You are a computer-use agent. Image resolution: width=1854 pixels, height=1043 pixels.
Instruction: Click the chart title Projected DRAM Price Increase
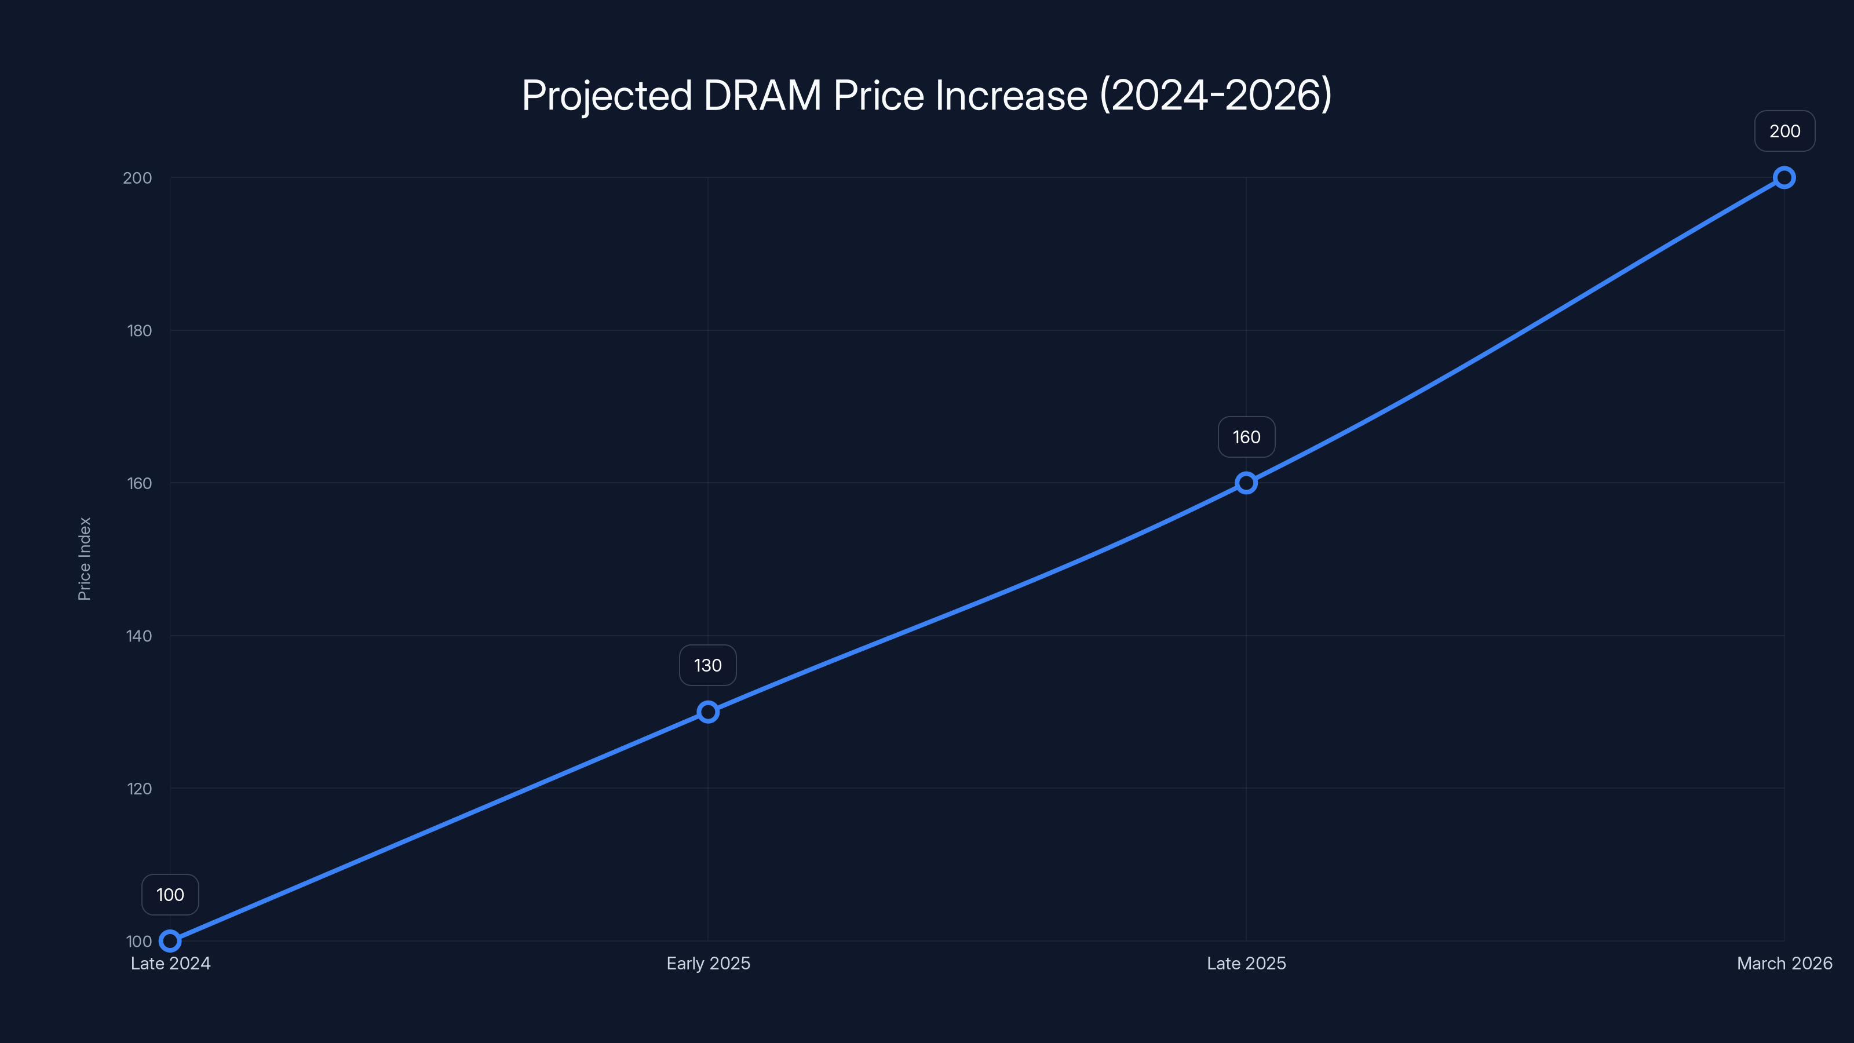[x=926, y=96]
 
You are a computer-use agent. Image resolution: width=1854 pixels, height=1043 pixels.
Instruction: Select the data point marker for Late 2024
[x=170, y=941]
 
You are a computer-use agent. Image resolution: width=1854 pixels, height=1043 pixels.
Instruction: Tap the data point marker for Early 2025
[x=708, y=712]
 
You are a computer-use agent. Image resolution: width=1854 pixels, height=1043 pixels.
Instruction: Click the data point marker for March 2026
[x=1784, y=178]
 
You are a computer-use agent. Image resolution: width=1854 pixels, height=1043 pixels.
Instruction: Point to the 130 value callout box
[x=707, y=665]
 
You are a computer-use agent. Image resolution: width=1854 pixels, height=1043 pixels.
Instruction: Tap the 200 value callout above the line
[x=1785, y=131]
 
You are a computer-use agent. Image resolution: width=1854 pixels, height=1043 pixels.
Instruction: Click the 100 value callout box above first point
[x=170, y=895]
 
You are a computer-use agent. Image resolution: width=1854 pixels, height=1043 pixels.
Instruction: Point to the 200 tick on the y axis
[x=137, y=178]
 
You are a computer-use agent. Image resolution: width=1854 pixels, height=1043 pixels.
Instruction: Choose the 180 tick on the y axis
[x=140, y=330]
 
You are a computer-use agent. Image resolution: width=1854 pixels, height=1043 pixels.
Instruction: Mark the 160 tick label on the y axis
[x=140, y=483]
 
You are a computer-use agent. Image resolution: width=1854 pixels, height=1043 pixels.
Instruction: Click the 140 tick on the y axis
[x=139, y=636]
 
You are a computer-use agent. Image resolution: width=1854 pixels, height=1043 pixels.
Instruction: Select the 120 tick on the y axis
[x=140, y=788]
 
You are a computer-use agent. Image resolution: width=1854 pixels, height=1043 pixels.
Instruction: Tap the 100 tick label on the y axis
[x=139, y=941]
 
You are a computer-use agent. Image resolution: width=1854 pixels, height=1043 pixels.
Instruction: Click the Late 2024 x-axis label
[x=170, y=963]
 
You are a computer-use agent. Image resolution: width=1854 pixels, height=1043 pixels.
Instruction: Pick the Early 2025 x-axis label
[x=708, y=963]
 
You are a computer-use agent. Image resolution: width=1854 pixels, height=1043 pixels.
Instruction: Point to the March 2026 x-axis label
[x=1784, y=963]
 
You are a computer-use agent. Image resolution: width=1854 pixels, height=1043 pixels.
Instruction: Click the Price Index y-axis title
[x=84, y=559]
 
